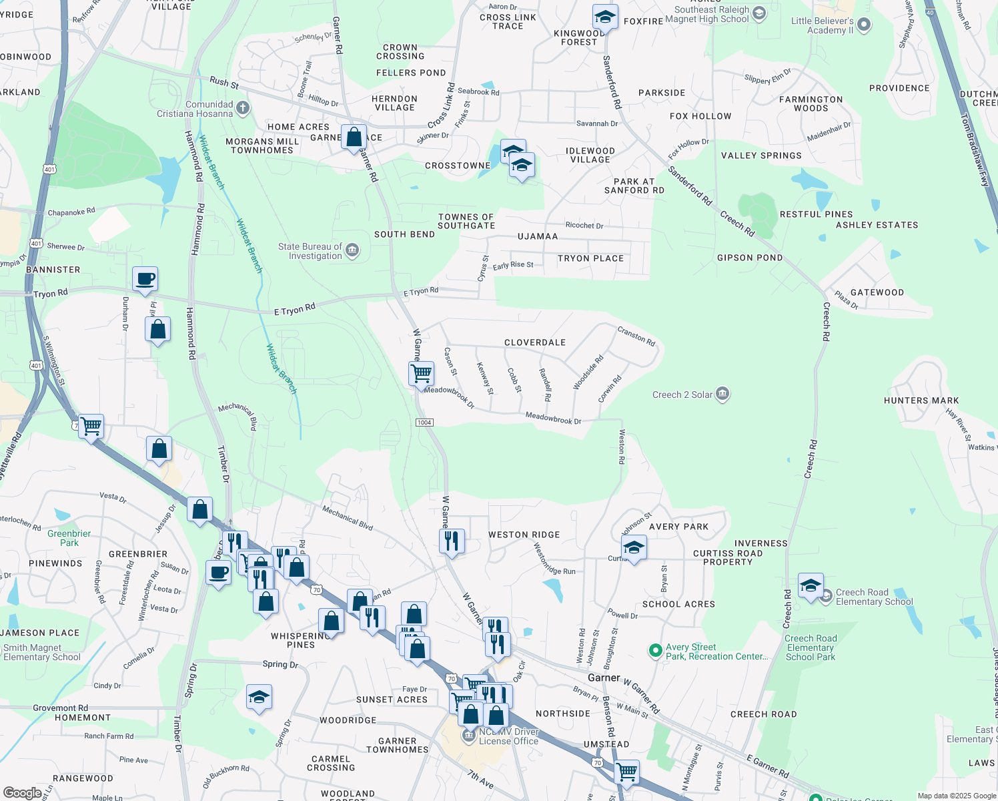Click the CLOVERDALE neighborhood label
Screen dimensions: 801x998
coord(534,342)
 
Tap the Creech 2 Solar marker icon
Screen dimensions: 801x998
coord(722,394)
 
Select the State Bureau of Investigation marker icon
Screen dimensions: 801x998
coord(352,251)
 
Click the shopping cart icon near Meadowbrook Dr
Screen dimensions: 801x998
coord(421,374)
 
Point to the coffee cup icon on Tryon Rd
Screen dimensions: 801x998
coord(145,278)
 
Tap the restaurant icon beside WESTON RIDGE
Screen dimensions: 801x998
coord(452,540)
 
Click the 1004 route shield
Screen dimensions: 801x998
coord(424,423)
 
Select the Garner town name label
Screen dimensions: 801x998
coord(604,678)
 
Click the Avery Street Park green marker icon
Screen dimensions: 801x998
coord(655,649)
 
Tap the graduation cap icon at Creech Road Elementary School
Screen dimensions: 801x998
coord(811,586)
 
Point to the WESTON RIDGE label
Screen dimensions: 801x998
coord(524,535)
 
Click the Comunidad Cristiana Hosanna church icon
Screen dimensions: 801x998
coord(243,107)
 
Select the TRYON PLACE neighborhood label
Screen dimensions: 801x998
coord(590,258)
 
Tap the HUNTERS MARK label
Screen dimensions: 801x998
coord(921,400)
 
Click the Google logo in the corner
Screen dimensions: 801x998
coord(22,792)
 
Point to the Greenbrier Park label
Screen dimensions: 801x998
coord(69,538)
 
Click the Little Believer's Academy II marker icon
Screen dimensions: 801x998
coord(864,25)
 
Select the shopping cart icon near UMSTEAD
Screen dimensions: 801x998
coord(626,772)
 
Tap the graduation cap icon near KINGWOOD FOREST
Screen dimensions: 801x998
coord(605,17)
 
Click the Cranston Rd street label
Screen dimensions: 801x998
coord(636,336)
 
